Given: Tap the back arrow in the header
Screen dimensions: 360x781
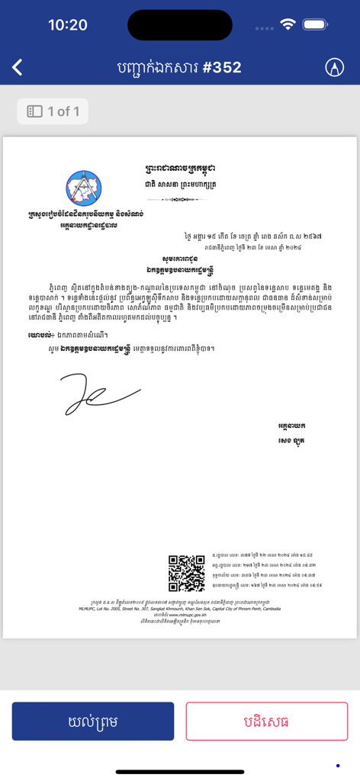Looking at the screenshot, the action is [18, 67].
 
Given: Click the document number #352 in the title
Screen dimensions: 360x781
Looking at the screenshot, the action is [222, 67].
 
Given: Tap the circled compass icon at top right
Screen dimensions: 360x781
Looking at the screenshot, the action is [334, 67].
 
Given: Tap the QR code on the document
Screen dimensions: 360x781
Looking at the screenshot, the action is [186, 574].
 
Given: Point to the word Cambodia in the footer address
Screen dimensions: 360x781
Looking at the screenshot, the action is [266, 609].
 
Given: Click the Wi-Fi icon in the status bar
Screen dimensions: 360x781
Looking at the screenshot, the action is [288, 24].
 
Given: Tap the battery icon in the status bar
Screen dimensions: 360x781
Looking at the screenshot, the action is [314, 24].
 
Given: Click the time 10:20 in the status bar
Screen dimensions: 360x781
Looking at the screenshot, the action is [68, 25].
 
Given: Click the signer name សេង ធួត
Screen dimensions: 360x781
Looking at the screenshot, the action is [291, 441].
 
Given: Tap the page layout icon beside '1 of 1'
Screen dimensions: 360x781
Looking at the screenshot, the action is [34, 111].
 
